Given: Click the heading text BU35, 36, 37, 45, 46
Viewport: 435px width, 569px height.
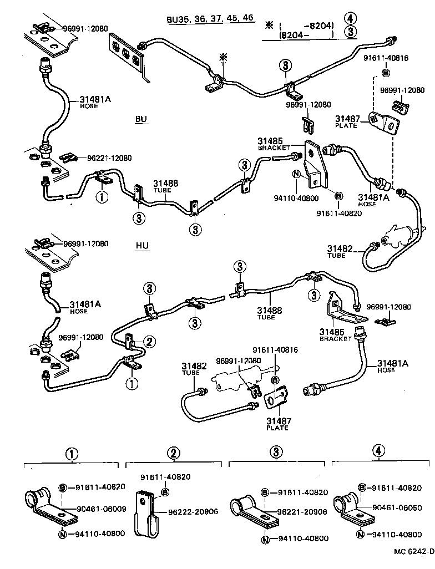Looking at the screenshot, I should [x=210, y=18].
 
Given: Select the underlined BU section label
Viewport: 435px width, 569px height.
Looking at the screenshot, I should [x=141, y=119].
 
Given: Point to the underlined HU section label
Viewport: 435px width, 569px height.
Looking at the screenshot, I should [x=142, y=246].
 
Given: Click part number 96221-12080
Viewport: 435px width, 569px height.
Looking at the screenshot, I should [x=109, y=158].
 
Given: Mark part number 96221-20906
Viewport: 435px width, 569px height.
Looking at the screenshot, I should [x=302, y=512].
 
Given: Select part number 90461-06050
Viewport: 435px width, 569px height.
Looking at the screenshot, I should [x=398, y=508].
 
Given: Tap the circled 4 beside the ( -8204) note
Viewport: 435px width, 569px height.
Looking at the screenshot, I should [x=350, y=18].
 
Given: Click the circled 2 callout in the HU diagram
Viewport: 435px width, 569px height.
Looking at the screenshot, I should [x=149, y=341].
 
